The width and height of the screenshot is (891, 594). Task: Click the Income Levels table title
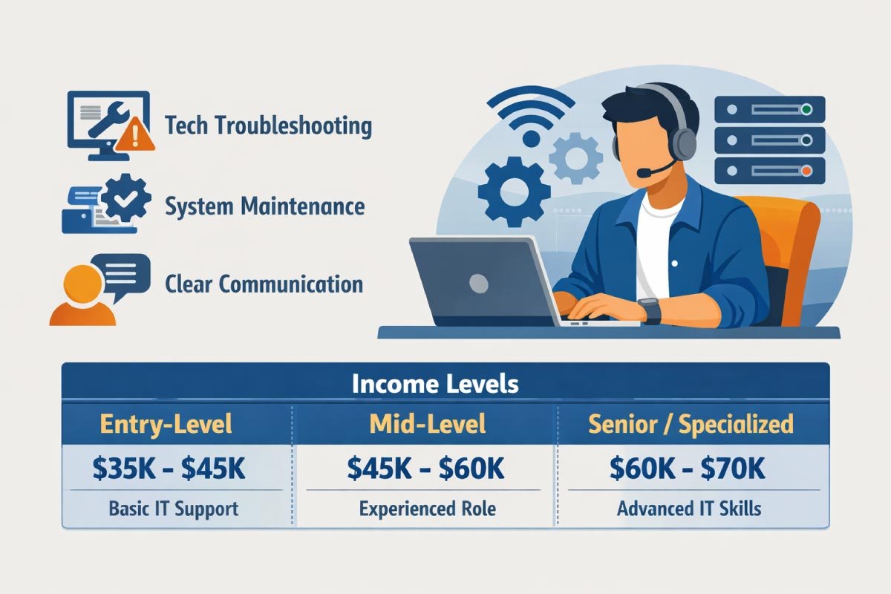(x=434, y=384)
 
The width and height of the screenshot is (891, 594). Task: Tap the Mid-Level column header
(x=427, y=424)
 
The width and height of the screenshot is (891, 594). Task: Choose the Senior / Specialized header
(x=691, y=424)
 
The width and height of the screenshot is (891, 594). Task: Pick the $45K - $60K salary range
(x=426, y=468)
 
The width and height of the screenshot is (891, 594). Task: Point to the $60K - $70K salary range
(x=688, y=468)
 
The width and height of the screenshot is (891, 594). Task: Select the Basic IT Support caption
(x=174, y=509)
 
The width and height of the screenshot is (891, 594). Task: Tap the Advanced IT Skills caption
(x=688, y=509)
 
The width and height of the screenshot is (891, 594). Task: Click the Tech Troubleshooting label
(x=268, y=125)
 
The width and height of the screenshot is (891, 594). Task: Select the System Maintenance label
(x=264, y=206)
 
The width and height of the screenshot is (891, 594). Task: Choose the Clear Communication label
(x=264, y=284)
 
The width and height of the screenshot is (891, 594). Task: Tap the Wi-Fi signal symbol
(x=532, y=119)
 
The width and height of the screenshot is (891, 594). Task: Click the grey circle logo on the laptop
(x=479, y=283)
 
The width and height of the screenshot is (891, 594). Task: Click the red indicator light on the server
(x=806, y=170)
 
